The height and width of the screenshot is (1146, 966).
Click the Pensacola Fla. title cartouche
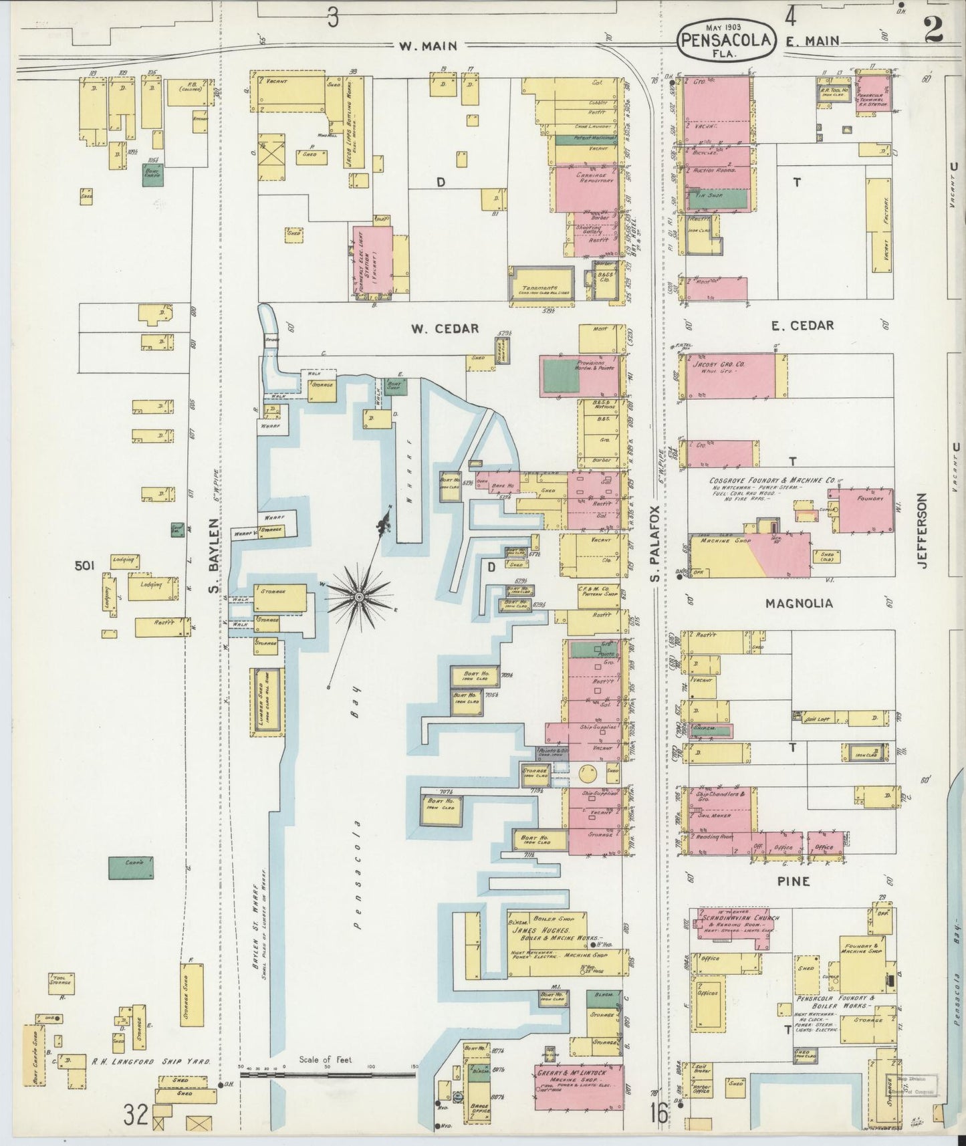(x=727, y=41)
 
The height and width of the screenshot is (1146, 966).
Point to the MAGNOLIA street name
(x=799, y=603)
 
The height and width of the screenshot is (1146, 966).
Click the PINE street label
(x=794, y=881)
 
